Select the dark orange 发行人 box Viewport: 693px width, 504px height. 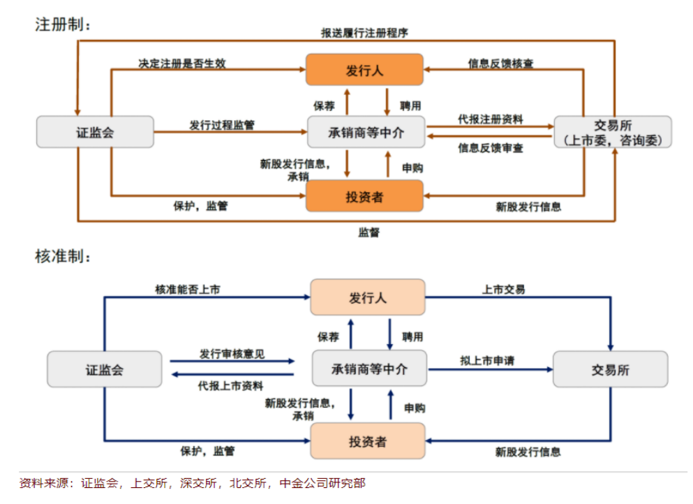pos(364,70)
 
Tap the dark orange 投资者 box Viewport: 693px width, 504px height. pos(364,196)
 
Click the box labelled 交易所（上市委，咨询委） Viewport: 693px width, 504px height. pos(613,132)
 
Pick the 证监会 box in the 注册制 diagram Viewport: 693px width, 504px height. pos(95,132)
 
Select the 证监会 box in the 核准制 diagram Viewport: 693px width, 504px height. pos(105,369)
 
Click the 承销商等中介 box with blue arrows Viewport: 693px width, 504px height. pos(368,369)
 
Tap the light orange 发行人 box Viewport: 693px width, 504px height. pos(368,297)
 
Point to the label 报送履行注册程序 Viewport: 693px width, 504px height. pos(364,33)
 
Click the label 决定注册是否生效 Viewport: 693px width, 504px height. pos(182,63)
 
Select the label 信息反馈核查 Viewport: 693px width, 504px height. pos(500,64)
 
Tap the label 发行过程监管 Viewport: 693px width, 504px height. pos(222,125)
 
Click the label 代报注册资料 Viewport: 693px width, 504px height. pos(491,119)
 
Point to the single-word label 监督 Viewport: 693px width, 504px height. pos(369,232)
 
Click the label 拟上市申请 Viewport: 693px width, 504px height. pos(487,361)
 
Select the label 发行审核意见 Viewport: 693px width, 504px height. pos(232,354)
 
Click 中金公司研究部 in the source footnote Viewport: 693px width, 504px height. pos(322,483)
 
